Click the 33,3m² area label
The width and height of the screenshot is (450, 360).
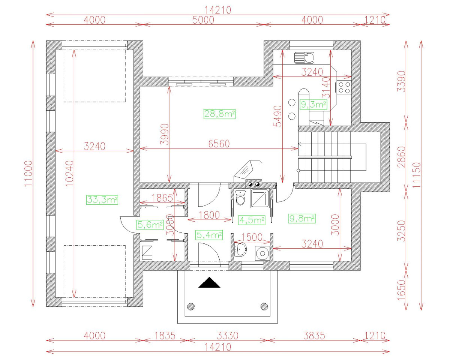point(102,200)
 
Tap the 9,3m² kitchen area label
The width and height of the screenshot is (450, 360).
point(313,105)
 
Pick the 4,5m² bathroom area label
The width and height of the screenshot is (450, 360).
point(252,220)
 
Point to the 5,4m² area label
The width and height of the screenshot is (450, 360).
point(209,235)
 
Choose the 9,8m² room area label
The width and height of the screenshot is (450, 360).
point(302,218)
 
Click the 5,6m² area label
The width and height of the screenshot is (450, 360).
point(149,225)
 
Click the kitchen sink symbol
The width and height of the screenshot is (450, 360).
point(304,58)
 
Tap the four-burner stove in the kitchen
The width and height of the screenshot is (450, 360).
point(344,87)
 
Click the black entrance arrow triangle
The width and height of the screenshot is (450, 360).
point(209,282)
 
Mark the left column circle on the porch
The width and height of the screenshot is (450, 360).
point(191,306)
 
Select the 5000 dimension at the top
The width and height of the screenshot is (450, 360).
point(203,20)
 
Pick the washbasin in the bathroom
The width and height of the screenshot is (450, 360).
point(240,248)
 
